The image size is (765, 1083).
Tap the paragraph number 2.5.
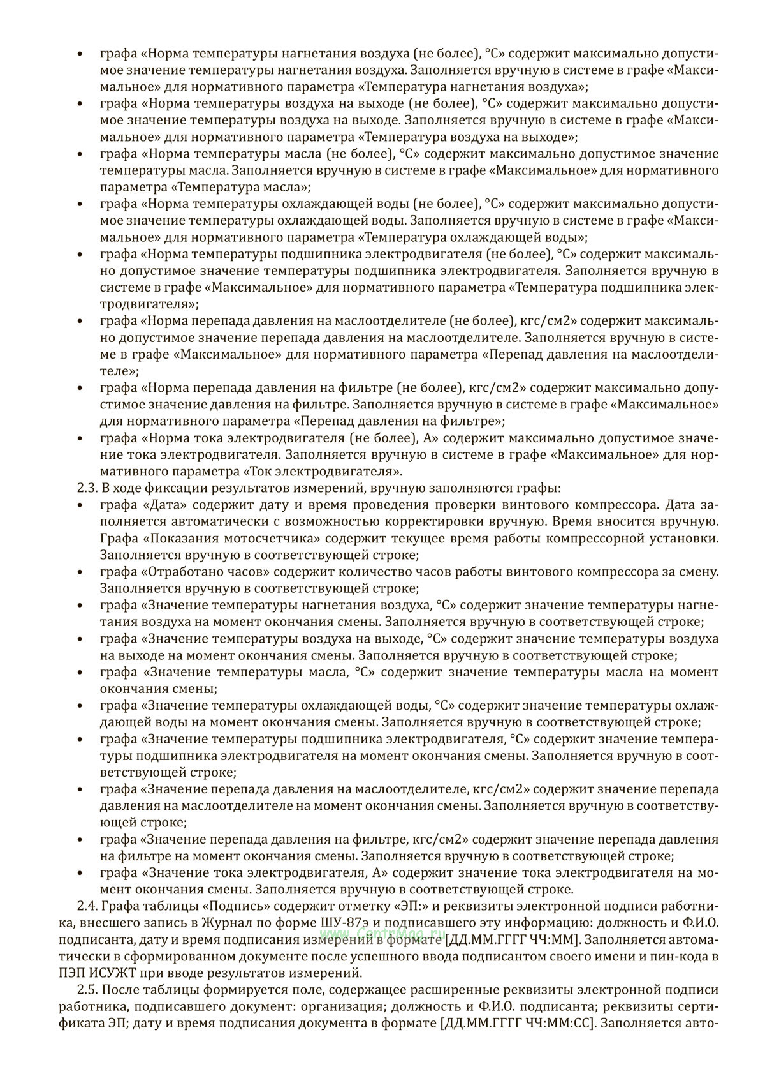click(x=87, y=990)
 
